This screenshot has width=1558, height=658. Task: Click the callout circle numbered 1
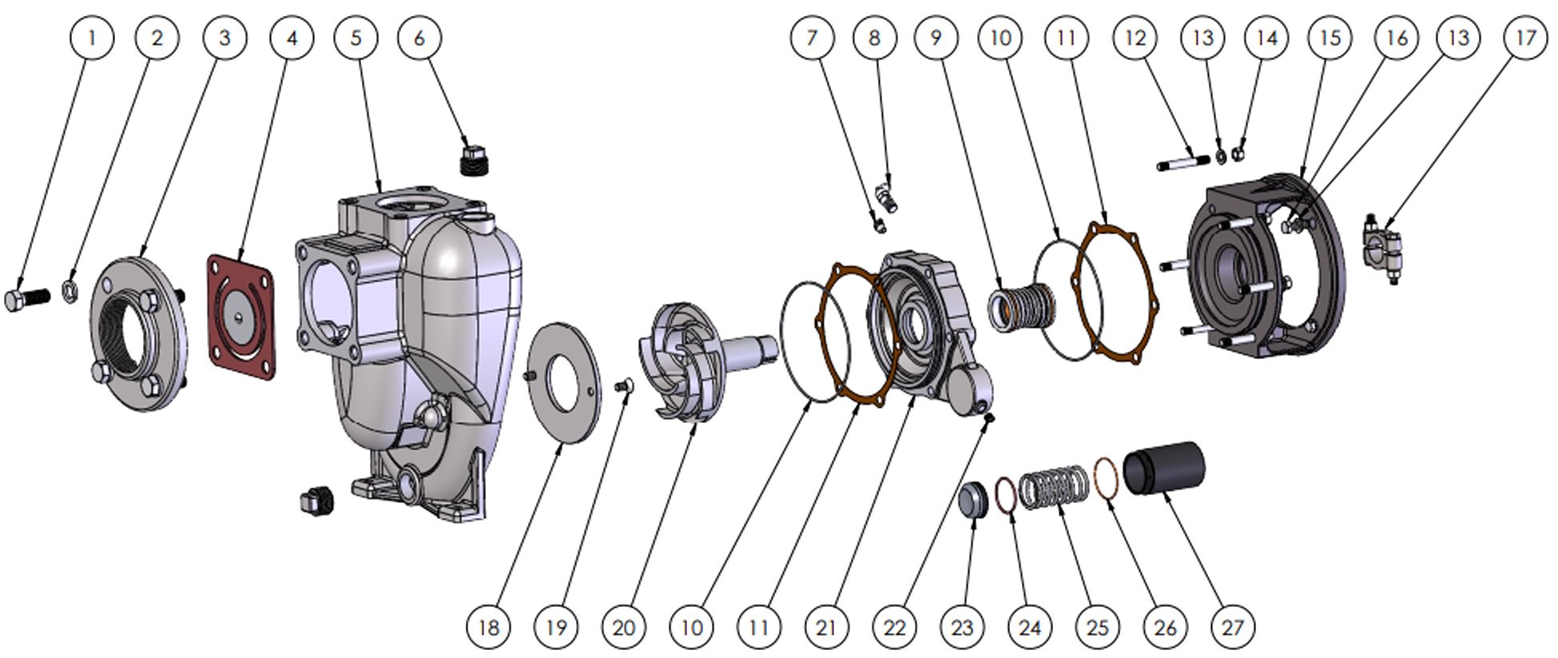click(92, 37)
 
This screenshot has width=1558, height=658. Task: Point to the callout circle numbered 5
click(356, 37)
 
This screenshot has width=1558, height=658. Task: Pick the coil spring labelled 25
click(1055, 487)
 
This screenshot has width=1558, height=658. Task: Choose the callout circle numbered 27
click(1233, 626)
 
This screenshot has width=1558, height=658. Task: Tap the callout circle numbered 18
click(488, 626)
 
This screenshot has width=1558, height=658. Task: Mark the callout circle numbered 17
click(1525, 37)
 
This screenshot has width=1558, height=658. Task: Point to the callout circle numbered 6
click(419, 37)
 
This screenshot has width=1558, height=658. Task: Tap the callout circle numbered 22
click(894, 626)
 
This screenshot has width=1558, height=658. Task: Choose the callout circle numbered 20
click(624, 626)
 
